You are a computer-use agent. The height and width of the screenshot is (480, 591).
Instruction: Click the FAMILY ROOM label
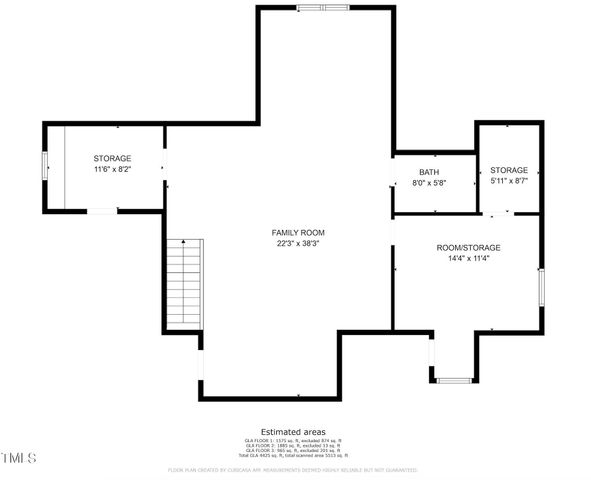point(300,232)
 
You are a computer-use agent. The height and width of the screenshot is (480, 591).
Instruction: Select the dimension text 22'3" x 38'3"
point(300,243)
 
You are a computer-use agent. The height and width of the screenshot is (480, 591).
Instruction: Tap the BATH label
point(429,172)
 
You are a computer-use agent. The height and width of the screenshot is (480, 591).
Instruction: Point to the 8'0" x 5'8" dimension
point(429,183)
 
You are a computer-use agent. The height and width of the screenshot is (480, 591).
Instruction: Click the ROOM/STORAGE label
point(468,247)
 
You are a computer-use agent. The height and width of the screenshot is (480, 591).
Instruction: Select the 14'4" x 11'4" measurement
point(468,258)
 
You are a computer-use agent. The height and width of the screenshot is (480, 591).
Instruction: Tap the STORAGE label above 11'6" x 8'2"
point(112,159)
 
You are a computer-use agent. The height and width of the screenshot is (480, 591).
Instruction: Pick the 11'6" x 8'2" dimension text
point(112,170)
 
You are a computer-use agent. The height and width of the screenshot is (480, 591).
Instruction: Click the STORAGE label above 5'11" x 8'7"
point(509,170)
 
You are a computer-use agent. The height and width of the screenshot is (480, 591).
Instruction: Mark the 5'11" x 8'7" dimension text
point(509,181)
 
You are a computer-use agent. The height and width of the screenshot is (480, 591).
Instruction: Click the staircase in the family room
point(184,285)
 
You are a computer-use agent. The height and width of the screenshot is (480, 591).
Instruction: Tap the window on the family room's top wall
point(323,9)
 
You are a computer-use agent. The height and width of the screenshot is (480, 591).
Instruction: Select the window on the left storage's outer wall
point(44,166)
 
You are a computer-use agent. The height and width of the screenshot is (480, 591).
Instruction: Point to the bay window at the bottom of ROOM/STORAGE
point(455,380)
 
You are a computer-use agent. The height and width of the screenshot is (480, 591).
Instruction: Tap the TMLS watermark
point(19,459)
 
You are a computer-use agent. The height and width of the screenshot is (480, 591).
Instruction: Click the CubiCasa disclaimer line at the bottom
point(293,468)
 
